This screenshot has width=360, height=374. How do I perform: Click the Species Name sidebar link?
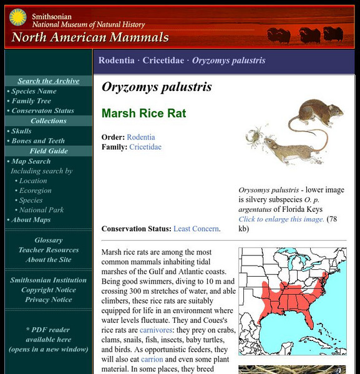coord(34,91)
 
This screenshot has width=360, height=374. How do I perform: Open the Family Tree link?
coord(31,101)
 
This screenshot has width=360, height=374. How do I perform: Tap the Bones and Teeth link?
coord(37,141)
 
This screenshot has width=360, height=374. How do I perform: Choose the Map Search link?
coord(31,161)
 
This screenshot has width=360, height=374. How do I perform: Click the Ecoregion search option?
coord(35,191)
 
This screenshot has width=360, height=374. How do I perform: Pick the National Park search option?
coord(41,210)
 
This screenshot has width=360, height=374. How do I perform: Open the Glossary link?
coord(48,240)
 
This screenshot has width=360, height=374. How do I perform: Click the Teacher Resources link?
coord(48,250)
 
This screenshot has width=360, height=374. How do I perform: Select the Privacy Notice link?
coord(48,300)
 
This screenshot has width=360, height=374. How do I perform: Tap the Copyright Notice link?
coord(48,290)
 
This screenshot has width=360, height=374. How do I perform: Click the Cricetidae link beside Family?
coord(145,147)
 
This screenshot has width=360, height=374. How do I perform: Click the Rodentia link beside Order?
coord(140,137)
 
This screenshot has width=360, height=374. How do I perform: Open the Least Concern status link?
coord(196,229)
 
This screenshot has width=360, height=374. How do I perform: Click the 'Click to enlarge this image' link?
coord(281,219)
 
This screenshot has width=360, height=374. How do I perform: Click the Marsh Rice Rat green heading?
coord(144,114)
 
